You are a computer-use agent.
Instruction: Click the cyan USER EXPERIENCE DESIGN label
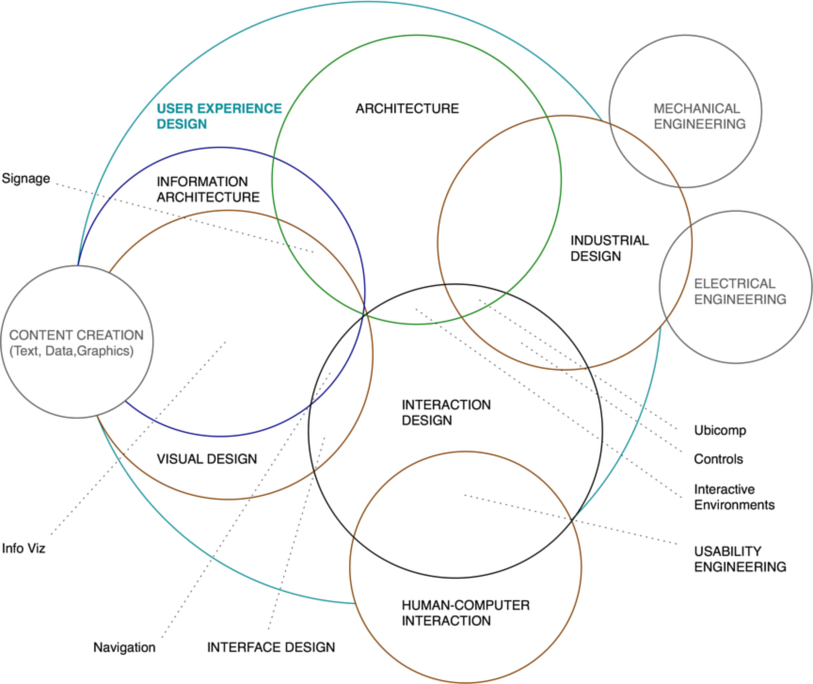(x=218, y=115)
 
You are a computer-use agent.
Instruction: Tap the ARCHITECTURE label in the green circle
(x=406, y=108)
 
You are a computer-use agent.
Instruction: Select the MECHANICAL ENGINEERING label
(x=697, y=116)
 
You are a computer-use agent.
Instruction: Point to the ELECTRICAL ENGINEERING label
(x=740, y=291)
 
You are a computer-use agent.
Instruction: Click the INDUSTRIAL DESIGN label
(x=608, y=247)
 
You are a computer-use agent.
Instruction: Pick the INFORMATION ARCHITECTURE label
(x=207, y=188)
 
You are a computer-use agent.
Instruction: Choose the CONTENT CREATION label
(x=75, y=335)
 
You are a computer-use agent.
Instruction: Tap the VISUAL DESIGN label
(x=205, y=459)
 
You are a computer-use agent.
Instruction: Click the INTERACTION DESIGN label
(x=445, y=412)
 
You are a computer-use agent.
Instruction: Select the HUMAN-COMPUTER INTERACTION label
(x=453, y=612)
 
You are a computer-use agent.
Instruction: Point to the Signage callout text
(x=25, y=178)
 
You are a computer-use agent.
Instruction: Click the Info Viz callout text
(x=24, y=547)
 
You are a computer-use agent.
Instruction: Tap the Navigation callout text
(x=124, y=647)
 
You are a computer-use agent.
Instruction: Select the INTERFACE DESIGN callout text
(x=270, y=647)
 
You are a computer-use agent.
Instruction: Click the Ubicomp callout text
(x=720, y=430)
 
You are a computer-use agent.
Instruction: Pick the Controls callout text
(x=718, y=459)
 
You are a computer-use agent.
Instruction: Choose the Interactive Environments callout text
(x=735, y=497)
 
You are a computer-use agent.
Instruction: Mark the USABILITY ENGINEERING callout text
(x=740, y=558)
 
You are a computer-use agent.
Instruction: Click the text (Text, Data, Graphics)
(x=71, y=351)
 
